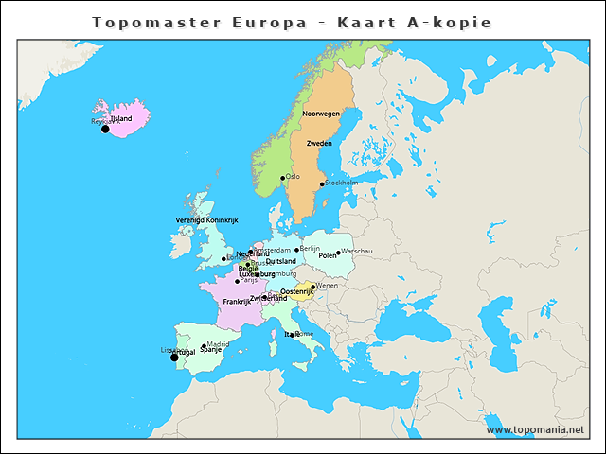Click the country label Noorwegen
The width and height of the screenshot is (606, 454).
coord(321,113)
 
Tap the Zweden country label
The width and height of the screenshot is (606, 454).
coord(319,143)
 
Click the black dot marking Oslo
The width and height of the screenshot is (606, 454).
coord(282,178)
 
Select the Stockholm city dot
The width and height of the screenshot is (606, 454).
coord(322,184)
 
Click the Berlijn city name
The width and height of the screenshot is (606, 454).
coord(310,248)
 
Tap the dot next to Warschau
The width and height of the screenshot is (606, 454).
coord(338,253)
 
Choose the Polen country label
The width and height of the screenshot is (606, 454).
coord(327,255)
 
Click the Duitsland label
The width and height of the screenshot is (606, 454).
coord(280,261)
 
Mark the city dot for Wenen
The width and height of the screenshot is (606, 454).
coord(313,287)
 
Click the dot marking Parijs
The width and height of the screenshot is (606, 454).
coord(237,281)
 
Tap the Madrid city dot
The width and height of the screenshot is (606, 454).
coord(204,346)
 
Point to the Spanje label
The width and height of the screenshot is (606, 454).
coord(210,350)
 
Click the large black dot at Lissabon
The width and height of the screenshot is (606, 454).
coord(173,358)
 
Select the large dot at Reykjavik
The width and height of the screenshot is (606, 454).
coord(105,129)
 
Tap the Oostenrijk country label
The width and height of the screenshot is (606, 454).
coord(296,292)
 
